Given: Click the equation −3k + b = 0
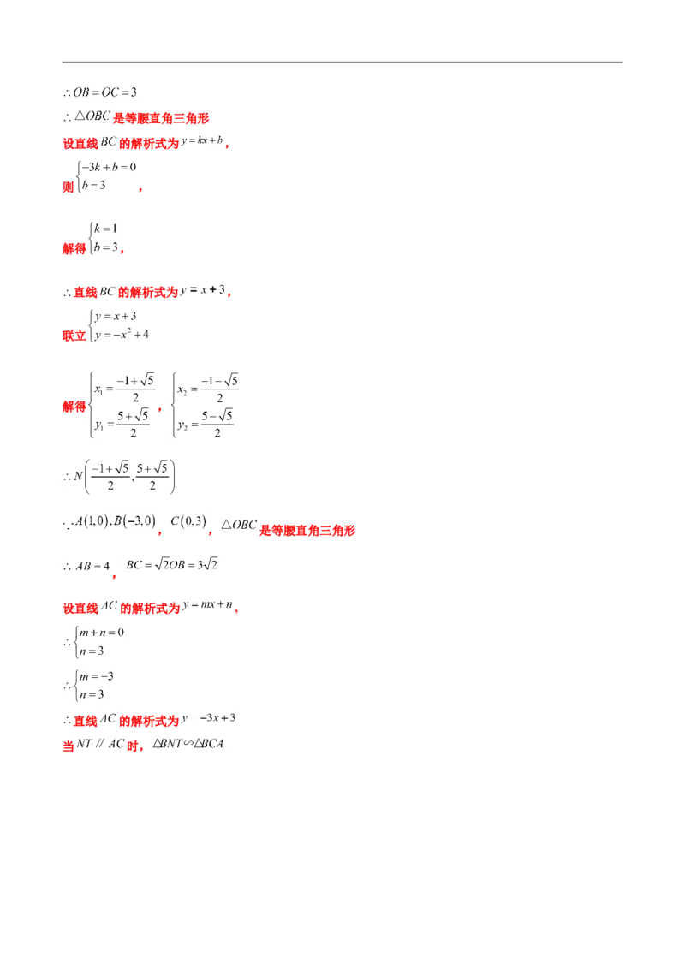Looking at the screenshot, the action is [x=109, y=168].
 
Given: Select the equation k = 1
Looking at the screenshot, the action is [x=105, y=229].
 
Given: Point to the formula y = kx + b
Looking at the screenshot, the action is [x=202, y=141].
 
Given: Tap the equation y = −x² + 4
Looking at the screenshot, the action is [x=122, y=335].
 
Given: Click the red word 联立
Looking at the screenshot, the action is [x=74, y=336].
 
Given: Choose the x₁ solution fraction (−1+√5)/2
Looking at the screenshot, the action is [x=135, y=389].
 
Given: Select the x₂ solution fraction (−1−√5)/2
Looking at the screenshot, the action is [x=219, y=389].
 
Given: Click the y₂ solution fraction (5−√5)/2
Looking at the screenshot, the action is [x=217, y=424].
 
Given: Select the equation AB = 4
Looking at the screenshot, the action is [x=92, y=566].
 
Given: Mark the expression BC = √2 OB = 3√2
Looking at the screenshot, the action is [x=172, y=565].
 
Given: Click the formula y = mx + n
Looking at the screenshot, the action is [x=208, y=605].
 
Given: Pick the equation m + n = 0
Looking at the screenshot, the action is [x=102, y=633].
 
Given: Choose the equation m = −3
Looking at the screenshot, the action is [x=97, y=676].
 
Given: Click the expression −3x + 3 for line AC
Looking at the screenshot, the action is [x=217, y=718].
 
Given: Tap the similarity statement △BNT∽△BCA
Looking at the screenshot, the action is [x=188, y=743].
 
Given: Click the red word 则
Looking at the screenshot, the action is [x=68, y=187].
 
